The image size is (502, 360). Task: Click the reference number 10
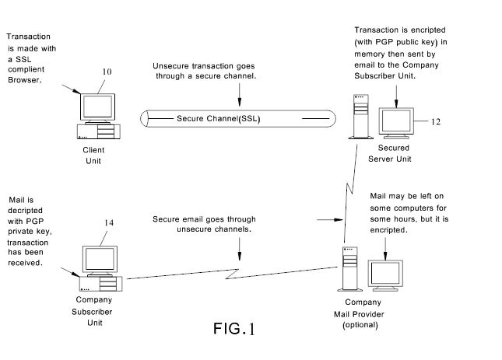click(x=107, y=72)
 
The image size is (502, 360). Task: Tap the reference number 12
click(x=436, y=121)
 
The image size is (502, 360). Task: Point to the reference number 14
click(x=108, y=223)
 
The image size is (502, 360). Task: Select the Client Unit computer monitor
click(x=98, y=106)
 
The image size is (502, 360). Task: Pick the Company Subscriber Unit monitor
click(x=100, y=257)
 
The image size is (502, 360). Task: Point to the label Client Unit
click(x=93, y=155)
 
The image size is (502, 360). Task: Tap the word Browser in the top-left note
click(x=24, y=79)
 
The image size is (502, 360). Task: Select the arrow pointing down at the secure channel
click(x=240, y=94)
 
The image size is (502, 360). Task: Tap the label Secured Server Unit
click(x=394, y=153)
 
